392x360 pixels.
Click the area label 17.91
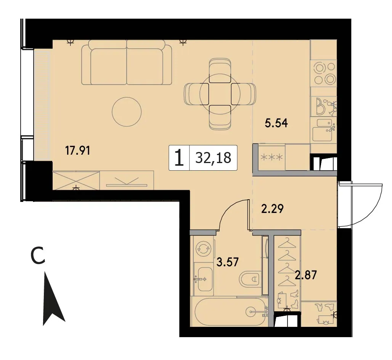[77, 150]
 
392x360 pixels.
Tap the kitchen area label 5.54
[276, 123]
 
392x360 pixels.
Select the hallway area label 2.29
[272, 209]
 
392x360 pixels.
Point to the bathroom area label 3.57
[228, 262]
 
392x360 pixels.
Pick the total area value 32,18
[213, 158]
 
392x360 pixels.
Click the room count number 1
[179, 158]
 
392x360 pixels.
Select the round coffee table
[127, 112]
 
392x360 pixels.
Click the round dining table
[220, 94]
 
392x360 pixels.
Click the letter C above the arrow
[38, 255]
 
